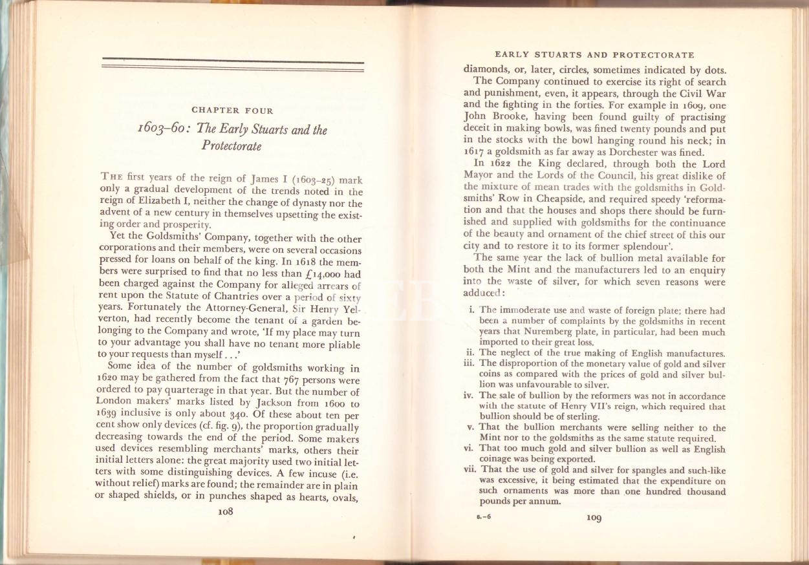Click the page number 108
pyautogui.click(x=225, y=510)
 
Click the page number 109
pyautogui.click(x=594, y=517)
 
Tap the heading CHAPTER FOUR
pyautogui.click(x=232, y=111)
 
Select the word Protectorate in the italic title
pyautogui.click(x=232, y=145)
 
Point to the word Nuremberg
pyautogui.click(x=539, y=332)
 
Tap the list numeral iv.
pyautogui.click(x=470, y=396)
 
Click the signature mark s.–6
pyautogui.click(x=477, y=517)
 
